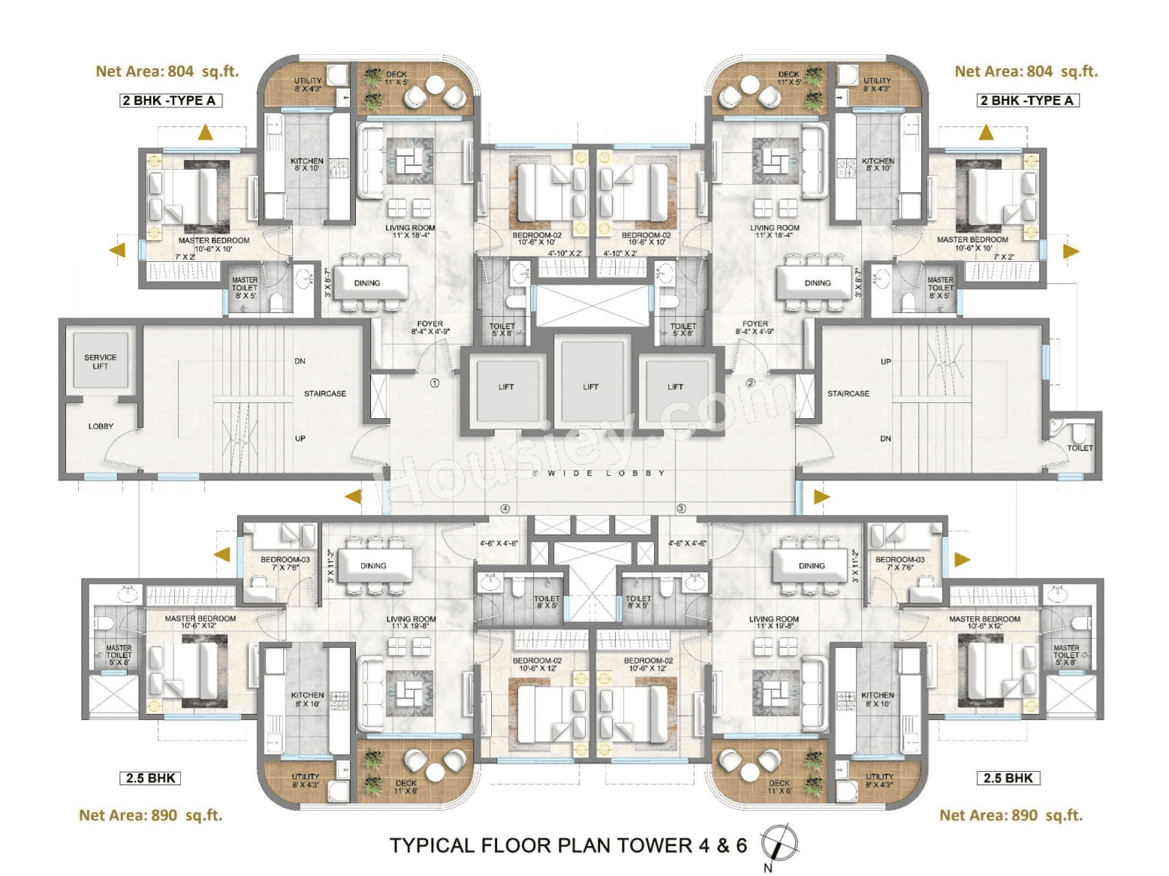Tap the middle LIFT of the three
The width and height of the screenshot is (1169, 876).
590,387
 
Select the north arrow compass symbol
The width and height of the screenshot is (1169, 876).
779,843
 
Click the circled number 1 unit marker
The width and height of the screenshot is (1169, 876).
434,383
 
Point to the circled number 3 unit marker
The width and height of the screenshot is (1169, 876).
681,508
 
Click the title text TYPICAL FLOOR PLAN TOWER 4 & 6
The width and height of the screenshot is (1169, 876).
568,845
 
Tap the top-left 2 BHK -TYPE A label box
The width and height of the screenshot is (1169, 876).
170,101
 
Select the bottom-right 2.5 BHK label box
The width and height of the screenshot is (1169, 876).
1008,778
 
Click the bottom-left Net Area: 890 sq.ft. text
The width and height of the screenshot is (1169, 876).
150,815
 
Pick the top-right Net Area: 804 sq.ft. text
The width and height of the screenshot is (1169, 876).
1026,71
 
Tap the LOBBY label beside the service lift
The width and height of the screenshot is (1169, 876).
101,426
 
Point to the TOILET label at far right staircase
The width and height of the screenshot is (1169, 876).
1080,447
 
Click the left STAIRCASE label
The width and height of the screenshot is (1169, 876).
324,393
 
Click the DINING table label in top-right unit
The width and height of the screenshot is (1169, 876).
817,283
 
